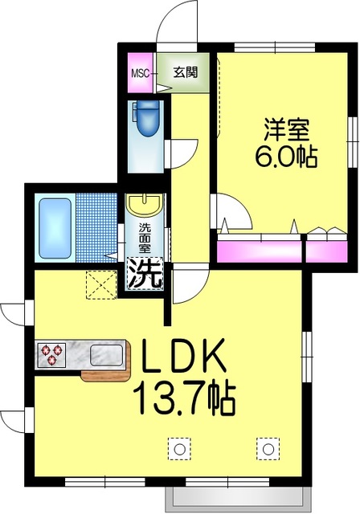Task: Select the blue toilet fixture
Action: pos(147,120)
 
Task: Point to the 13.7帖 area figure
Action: pos(186,394)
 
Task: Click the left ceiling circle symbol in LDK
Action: pos(179,448)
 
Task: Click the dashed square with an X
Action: pos(100,283)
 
